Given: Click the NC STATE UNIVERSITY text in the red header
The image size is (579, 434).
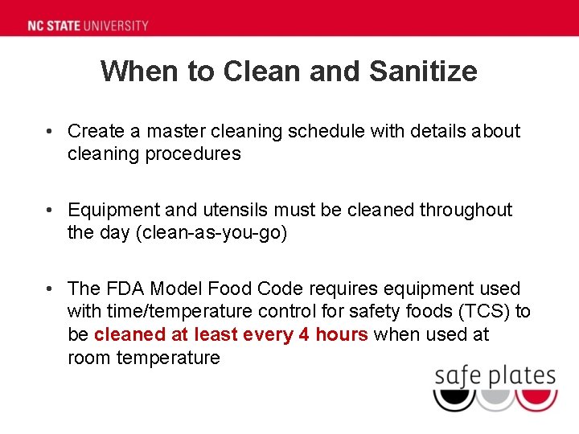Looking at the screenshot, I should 88,25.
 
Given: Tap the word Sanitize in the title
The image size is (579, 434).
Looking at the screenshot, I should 423,72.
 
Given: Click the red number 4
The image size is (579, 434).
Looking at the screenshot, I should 304,334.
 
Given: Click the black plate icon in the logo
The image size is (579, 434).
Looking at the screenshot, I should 454,399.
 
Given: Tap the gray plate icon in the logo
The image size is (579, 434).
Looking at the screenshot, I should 495,399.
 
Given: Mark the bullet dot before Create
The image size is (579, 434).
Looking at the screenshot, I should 51,131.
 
